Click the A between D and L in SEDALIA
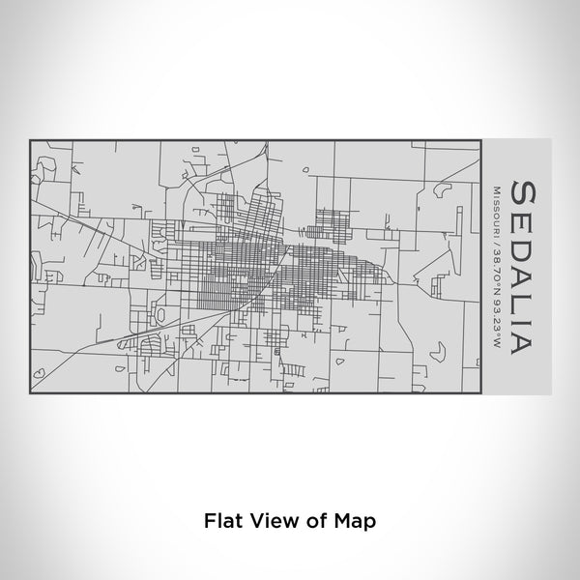(519, 274)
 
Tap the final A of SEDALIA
(519, 341)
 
